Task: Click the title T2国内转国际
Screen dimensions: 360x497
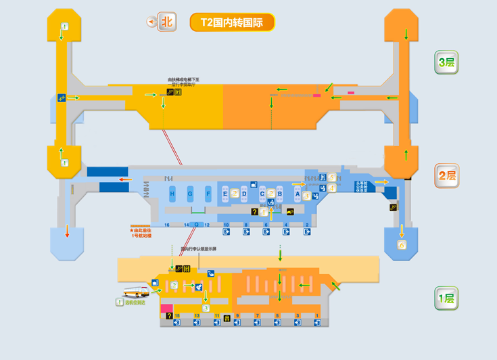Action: pos(232,22)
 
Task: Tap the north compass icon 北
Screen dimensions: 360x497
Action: pos(166,22)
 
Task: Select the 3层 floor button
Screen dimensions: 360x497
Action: pos(446,63)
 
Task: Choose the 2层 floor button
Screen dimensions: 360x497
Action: pos(446,176)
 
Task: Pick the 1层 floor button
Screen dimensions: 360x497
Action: pos(446,298)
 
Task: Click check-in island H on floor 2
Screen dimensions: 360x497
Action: pos(172,194)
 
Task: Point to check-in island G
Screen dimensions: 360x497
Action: pos(190,194)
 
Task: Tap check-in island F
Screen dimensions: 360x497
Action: pos(208,194)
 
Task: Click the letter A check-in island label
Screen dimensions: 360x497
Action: pos(298,194)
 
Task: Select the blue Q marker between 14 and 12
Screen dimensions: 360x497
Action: pos(197,224)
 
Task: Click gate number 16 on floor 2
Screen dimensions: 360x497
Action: pos(167,224)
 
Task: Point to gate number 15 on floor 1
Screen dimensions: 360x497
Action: pos(177,316)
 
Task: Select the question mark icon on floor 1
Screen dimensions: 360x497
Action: pos(168,316)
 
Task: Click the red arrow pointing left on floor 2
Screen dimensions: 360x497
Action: pos(124,179)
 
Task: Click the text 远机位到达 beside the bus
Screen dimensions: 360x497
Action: pos(137,303)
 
